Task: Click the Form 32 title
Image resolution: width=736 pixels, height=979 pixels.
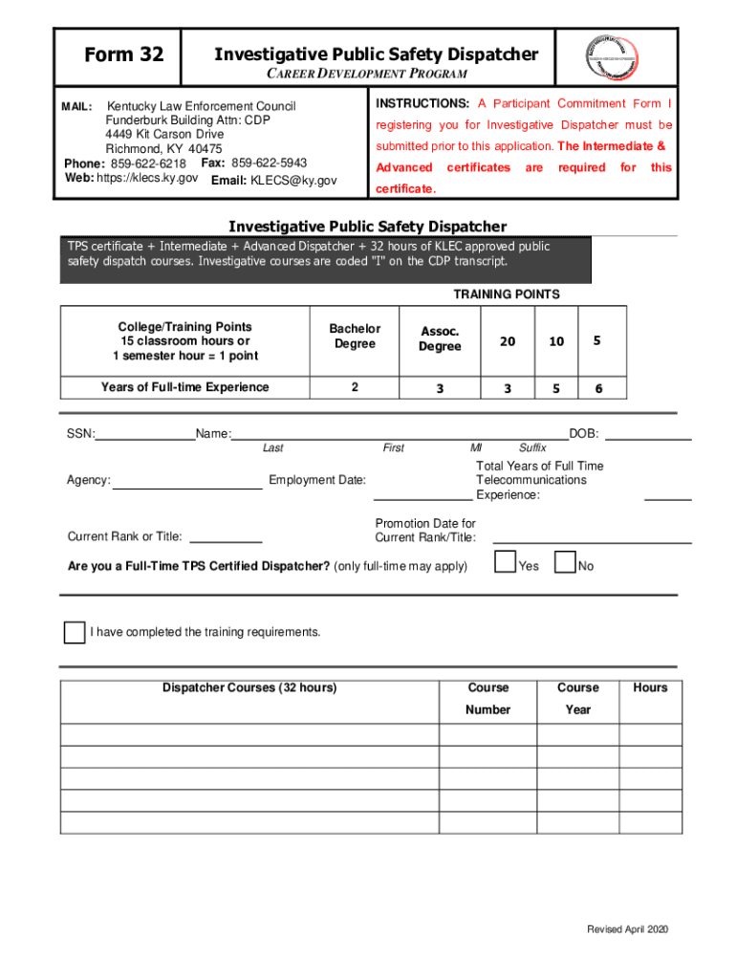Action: [x=123, y=55]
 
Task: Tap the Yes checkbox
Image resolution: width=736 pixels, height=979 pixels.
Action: [x=506, y=563]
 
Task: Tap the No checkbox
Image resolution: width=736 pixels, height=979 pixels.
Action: [x=566, y=563]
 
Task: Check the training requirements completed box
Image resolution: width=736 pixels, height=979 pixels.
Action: [x=74, y=632]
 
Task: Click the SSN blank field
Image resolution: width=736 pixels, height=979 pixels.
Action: [x=145, y=434]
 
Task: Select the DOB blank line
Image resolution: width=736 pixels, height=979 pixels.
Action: [x=649, y=434]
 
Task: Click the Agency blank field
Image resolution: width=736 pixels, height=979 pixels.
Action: [x=187, y=481]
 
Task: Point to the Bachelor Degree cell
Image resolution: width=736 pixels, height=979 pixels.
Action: [x=355, y=337]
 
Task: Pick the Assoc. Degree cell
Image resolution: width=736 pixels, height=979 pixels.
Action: [x=440, y=338]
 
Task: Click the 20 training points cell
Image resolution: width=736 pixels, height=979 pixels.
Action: [x=507, y=341]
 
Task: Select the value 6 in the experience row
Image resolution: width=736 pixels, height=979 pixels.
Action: [x=598, y=388]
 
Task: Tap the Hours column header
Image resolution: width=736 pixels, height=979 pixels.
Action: [x=650, y=687]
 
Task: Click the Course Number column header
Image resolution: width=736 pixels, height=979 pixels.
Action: [x=487, y=699]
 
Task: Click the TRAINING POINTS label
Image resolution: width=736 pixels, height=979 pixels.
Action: [x=507, y=294]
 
